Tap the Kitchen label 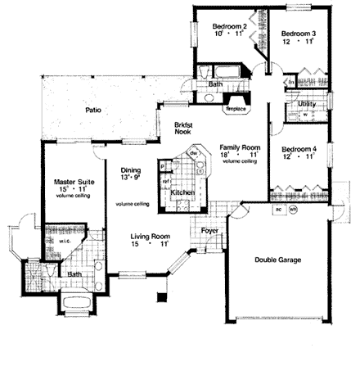tap(181, 192)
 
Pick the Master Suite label tap(73, 182)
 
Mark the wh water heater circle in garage tap(293, 209)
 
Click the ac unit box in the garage tap(279, 209)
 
